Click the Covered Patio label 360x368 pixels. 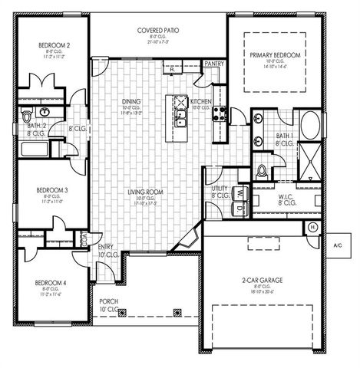point(158,31)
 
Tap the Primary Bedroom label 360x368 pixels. point(274,57)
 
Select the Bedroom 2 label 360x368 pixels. point(55,46)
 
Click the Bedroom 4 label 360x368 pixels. point(51,283)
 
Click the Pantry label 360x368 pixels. point(214,64)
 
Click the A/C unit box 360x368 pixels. point(338,245)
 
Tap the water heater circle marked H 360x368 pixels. point(312,227)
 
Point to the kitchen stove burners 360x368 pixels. point(218,114)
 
